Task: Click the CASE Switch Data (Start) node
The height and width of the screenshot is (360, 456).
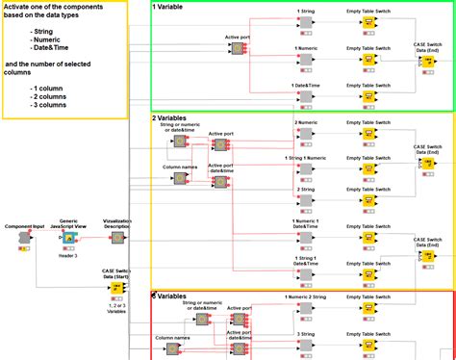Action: coord(117,288)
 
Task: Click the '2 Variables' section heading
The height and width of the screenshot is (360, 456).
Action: coord(174,118)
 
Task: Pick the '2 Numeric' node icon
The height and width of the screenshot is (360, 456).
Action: coord(305,135)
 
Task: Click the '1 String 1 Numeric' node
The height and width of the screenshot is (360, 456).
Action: coord(305,169)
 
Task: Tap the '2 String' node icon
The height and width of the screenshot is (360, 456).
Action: coord(305,202)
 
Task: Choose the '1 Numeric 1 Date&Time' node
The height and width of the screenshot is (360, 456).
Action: coord(305,236)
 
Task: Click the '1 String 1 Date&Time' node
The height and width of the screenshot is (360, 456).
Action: coord(305,271)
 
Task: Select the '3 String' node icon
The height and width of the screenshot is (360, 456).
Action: coord(305,345)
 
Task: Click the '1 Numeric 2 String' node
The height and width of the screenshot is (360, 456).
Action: coord(305,311)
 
